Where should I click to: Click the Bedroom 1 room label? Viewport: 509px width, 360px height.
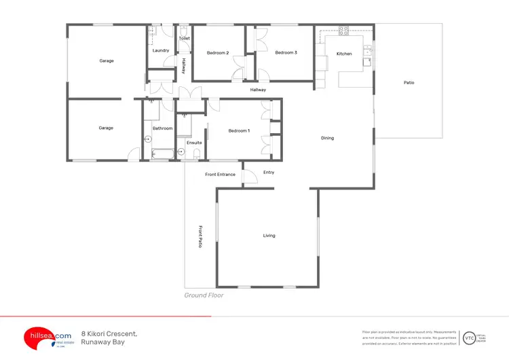pyautogui.click(x=239, y=130)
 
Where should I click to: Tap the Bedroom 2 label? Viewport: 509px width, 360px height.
pyautogui.click(x=217, y=53)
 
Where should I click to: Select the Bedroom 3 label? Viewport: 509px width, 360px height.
pyautogui.click(x=286, y=52)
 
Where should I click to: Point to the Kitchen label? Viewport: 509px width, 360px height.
pyautogui.click(x=344, y=54)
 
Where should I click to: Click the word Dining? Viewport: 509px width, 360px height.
pyautogui.click(x=327, y=138)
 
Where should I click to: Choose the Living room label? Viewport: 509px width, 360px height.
pyautogui.click(x=269, y=236)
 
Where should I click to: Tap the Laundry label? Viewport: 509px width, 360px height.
pyautogui.click(x=161, y=50)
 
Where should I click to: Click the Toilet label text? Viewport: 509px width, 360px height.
pyautogui.click(x=184, y=39)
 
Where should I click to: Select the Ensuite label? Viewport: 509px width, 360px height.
pyautogui.click(x=194, y=143)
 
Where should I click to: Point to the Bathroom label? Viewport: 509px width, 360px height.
pyautogui.click(x=162, y=128)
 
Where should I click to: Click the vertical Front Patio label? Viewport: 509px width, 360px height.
pyautogui.click(x=200, y=236)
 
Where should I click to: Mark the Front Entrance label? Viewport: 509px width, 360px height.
pyautogui.click(x=220, y=175)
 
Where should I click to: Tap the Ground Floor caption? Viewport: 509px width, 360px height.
pyautogui.click(x=204, y=295)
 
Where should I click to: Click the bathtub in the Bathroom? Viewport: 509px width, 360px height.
pyautogui.click(x=163, y=154)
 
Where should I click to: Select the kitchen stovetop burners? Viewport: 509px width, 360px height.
pyautogui.click(x=343, y=30)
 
